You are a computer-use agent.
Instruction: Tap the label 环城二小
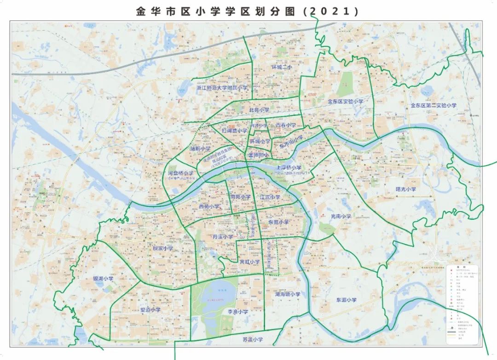point(282,67)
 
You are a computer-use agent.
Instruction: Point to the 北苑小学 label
point(259,110)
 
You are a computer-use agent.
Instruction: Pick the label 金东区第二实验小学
point(433,106)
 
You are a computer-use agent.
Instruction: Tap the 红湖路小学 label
point(234,131)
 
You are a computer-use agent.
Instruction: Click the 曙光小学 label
point(406,189)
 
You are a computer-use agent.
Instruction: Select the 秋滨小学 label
point(163,248)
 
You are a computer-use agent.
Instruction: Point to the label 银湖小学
point(103,279)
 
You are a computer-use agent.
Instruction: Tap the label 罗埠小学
point(150,309)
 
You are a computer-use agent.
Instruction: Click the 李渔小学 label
point(238,312)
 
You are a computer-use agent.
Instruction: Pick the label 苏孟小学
point(253,340)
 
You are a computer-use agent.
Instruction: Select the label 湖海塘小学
point(288,294)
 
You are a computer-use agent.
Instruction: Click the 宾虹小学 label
point(250,262)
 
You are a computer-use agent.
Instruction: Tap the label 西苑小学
point(209,207)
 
